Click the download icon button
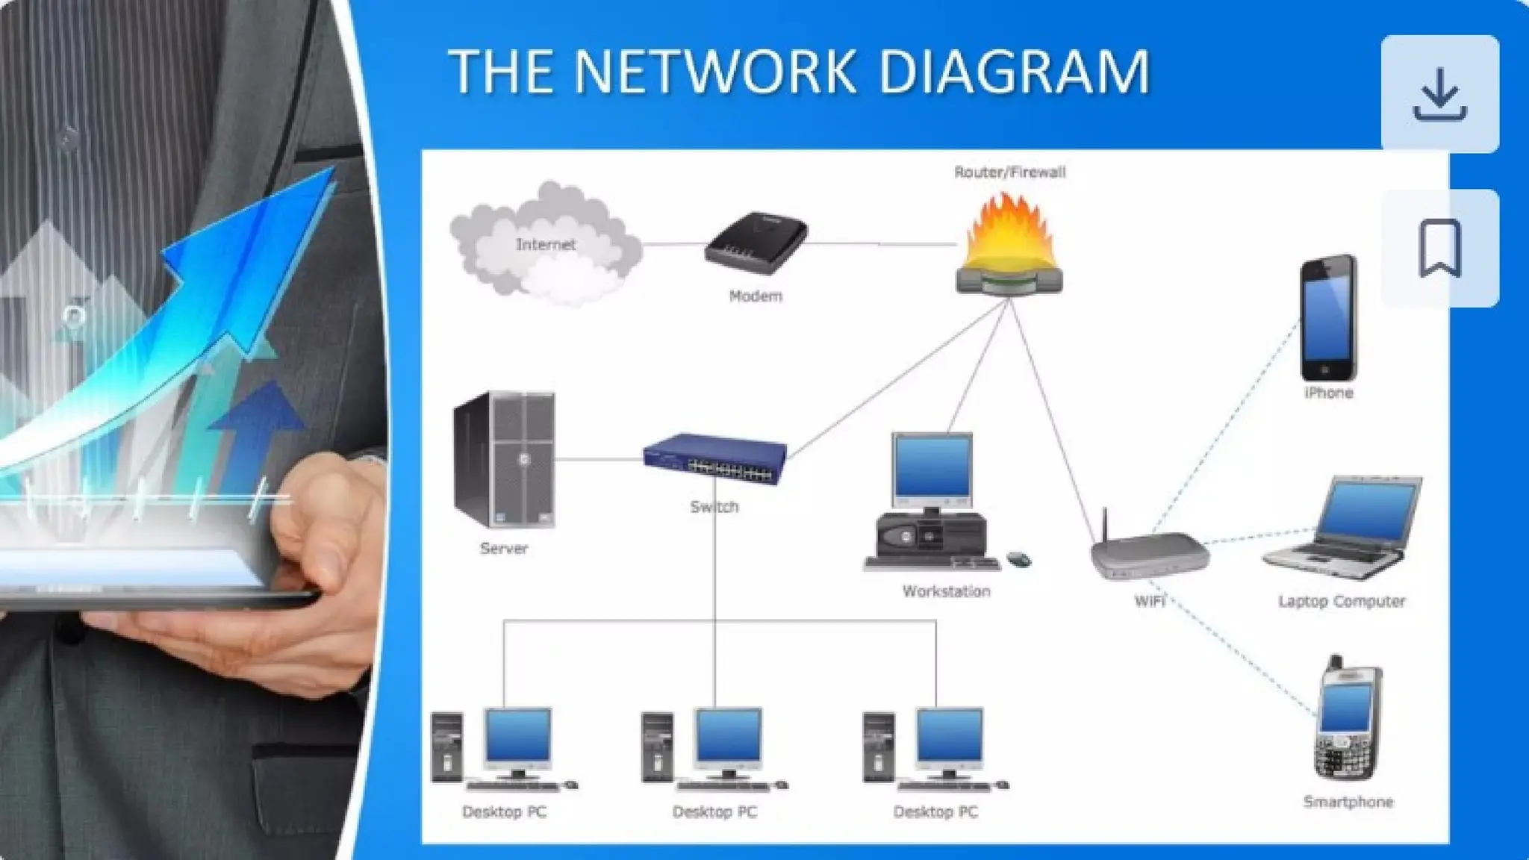click(1439, 94)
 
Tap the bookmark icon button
click(1439, 248)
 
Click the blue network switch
click(714, 458)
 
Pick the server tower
click(504, 459)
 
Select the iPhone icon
click(1328, 318)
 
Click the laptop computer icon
click(1344, 527)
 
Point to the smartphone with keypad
click(1348, 720)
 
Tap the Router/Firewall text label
click(1009, 172)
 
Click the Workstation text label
click(946, 591)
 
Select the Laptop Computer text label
click(1342, 601)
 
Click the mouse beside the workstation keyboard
click(1019, 558)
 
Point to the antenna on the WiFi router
click(1105, 526)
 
